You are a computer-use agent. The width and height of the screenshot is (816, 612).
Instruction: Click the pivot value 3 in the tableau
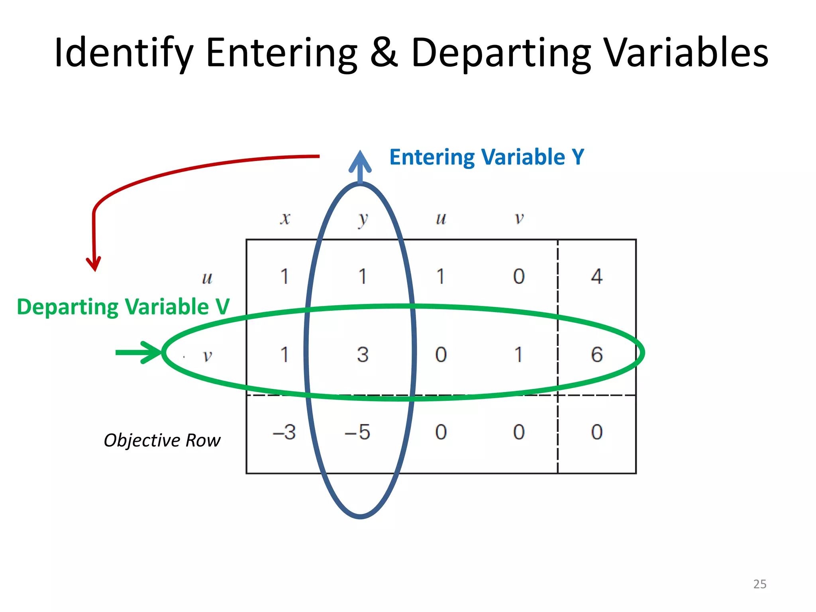tap(363, 354)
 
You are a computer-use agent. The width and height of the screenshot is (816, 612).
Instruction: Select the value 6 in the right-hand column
tap(596, 354)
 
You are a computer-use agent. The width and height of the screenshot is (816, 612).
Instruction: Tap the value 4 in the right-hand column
tap(596, 276)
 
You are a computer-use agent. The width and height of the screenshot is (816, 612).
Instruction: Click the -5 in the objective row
tap(357, 432)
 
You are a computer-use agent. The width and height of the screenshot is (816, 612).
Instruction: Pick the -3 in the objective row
tap(284, 432)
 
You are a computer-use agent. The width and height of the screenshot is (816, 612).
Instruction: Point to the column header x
tap(285, 218)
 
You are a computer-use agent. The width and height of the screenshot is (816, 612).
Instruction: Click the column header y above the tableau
tap(363, 219)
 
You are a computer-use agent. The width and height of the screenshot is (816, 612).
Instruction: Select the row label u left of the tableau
tap(207, 278)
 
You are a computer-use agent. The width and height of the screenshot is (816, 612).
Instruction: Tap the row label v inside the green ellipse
tap(207, 355)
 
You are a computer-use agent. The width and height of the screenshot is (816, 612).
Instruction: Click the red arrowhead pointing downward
tap(94, 264)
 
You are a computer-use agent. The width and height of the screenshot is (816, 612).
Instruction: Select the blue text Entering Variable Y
tap(486, 157)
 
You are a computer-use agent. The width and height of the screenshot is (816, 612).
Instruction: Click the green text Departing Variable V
tap(123, 307)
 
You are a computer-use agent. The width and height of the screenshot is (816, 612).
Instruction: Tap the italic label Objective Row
tap(162, 440)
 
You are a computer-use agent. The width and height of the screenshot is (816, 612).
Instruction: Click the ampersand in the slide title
tap(384, 52)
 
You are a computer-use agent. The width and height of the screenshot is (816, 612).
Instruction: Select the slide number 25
tap(759, 584)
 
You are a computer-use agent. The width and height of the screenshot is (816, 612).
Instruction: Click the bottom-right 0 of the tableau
tap(596, 432)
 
